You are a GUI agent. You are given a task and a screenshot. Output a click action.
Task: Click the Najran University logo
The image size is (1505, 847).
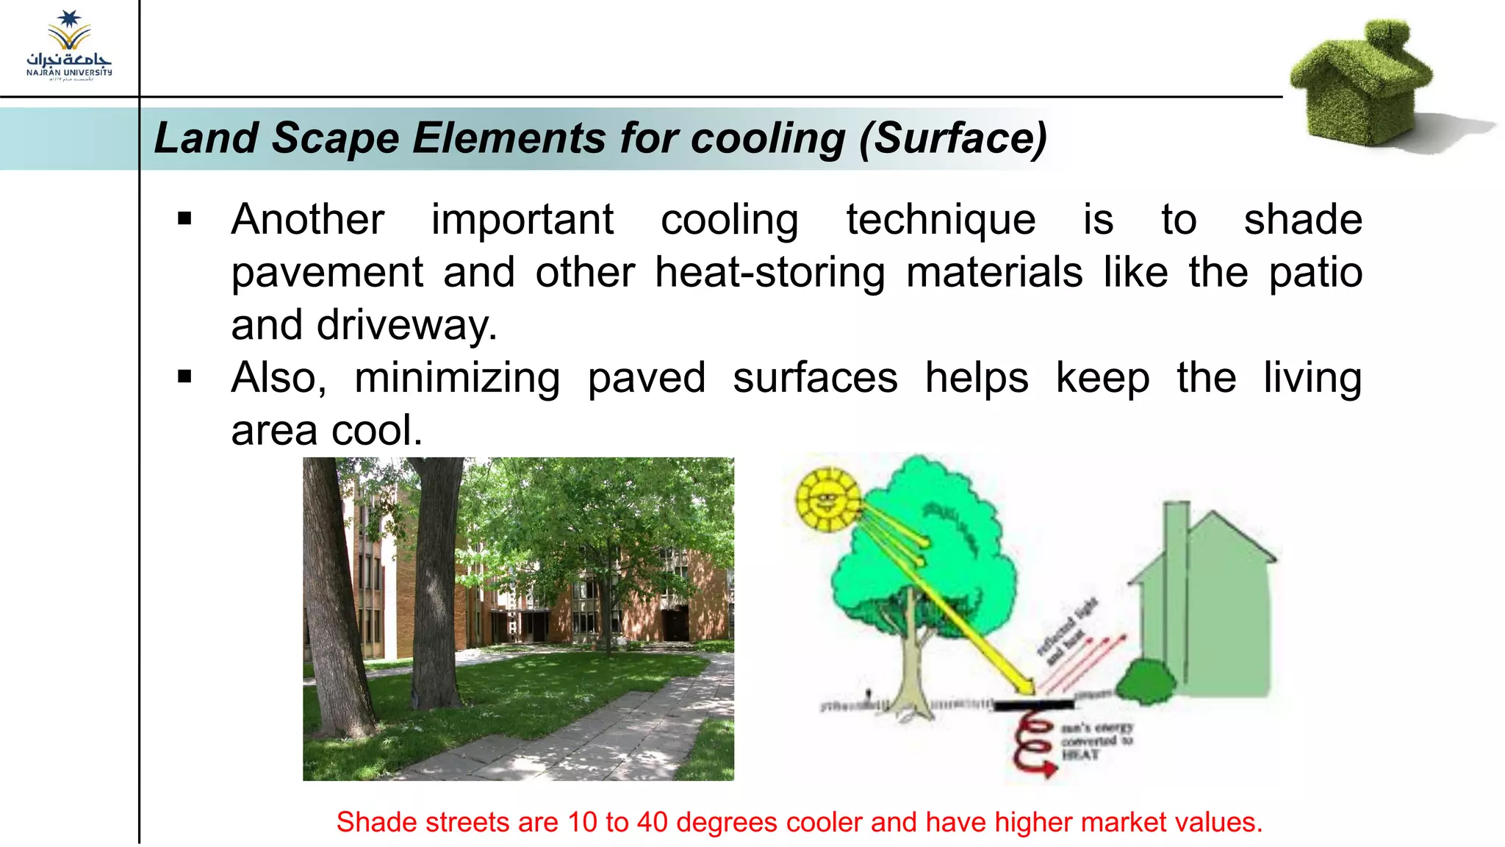pyautogui.click(x=69, y=46)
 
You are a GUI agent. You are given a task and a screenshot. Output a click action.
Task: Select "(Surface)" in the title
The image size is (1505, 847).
pyautogui.click(x=953, y=138)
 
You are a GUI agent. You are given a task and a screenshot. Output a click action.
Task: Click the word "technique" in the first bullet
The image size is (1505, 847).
pyautogui.click(x=941, y=220)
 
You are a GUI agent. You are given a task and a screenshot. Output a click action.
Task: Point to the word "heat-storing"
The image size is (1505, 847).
pyautogui.click(x=769, y=273)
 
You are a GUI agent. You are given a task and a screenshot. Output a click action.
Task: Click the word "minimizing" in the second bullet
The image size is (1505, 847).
pyautogui.click(x=457, y=378)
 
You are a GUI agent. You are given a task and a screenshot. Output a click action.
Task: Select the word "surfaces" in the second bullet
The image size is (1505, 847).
pyautogui.click(x=815, y=378)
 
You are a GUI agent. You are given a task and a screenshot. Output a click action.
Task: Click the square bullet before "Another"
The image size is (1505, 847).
pyautogui.click(x=184, y=218)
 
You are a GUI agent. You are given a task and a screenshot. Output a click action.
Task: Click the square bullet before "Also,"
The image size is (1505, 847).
pyautogui.click(x=184, y=377)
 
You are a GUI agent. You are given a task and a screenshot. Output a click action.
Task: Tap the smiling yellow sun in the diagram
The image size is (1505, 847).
pyautogui.click(x=828, y=501)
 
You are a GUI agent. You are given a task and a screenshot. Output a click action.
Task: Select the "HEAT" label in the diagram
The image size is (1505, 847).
pyautogui.click(x=1080, y=754)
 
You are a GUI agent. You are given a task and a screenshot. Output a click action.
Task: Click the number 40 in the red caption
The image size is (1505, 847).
pyautogui.click(x=652, y=822)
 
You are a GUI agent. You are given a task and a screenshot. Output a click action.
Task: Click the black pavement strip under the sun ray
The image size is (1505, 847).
pyautogui.click(x=1032, y=704)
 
